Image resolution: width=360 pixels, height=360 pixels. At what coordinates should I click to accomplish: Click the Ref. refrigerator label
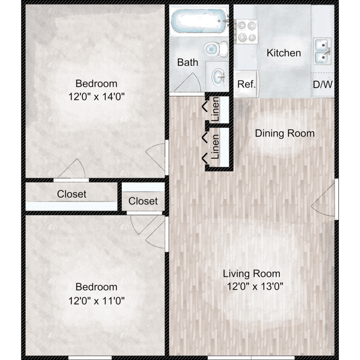click(x=246, y=84)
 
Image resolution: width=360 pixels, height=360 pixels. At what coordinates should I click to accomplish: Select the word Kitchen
click(x=284, y=53)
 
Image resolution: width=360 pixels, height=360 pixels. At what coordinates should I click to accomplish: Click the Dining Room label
click(x=285, y=133)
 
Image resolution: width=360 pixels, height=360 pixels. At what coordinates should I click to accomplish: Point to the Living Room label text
click(x=251, y=274)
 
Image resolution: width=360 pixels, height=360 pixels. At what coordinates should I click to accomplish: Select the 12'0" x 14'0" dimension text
click(x=96, y=96)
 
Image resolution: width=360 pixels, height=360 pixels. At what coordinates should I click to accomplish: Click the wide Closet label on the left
click(x=71, y=194)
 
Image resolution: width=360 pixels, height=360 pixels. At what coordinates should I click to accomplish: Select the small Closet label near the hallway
click(x=143, y=201)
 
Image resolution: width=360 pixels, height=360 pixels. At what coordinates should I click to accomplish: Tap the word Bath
click(x=187, y=63)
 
